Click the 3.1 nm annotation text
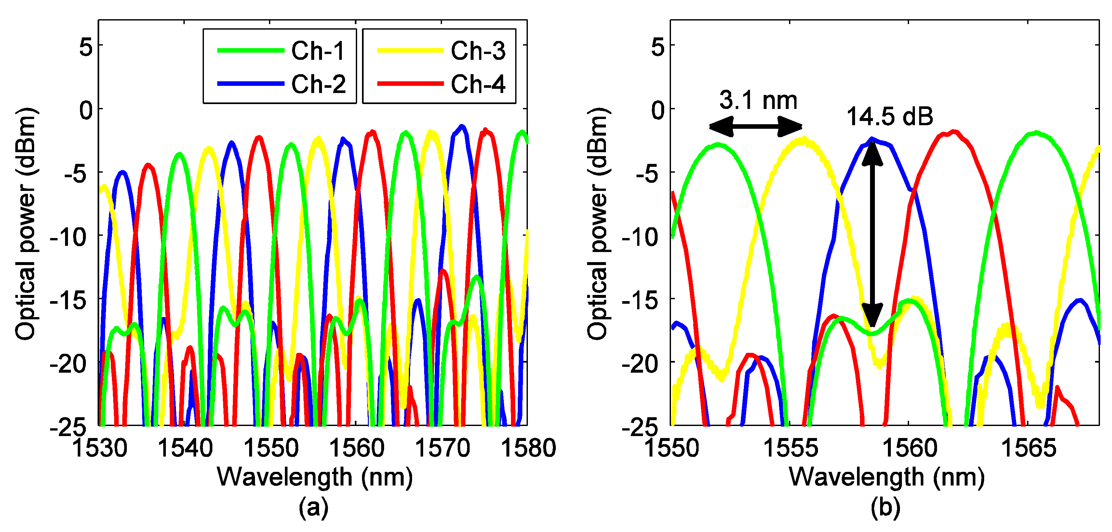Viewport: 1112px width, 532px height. tap(758, 100)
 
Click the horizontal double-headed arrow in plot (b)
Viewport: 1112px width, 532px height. tap(756, 126)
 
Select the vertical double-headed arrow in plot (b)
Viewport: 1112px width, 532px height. tap(872, 233)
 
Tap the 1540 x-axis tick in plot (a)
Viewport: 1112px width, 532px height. tap(185, 448)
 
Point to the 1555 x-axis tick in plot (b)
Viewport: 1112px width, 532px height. tap(790, 448)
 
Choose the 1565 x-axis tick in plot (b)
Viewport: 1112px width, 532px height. tap(1028, 448)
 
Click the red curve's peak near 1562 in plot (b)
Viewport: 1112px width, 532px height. tap(954, 132)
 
